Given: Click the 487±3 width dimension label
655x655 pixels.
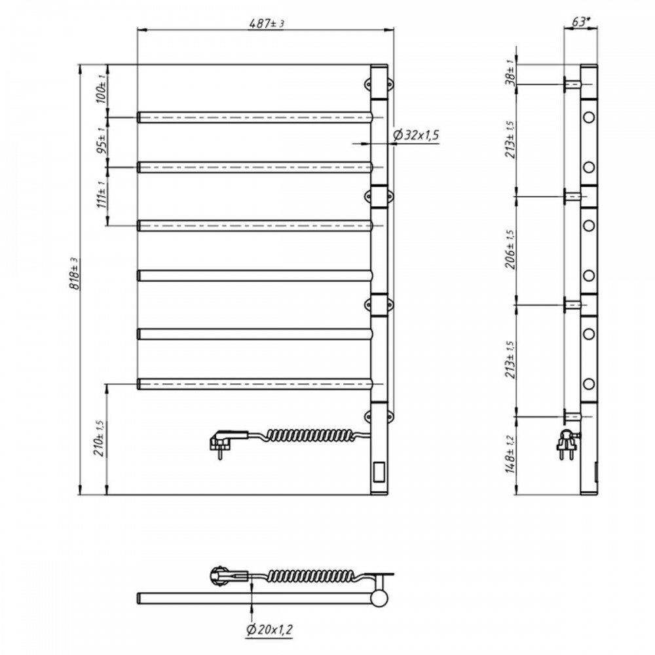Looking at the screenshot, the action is [266, 24].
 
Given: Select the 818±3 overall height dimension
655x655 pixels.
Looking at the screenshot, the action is [75, 274].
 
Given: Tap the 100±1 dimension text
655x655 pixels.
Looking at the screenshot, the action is [101, 89].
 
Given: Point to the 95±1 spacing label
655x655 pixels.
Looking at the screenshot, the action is [101, 140].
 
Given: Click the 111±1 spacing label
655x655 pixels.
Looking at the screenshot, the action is [101, 195].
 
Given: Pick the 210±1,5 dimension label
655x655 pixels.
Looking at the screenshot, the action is [101, 438].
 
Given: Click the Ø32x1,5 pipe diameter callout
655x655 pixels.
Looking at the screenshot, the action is [416, 135].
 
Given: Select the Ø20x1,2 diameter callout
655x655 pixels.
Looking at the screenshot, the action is [269, 629].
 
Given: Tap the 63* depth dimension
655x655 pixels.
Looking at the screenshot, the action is [580, 22].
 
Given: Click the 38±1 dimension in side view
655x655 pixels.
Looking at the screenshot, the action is [510, 73].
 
